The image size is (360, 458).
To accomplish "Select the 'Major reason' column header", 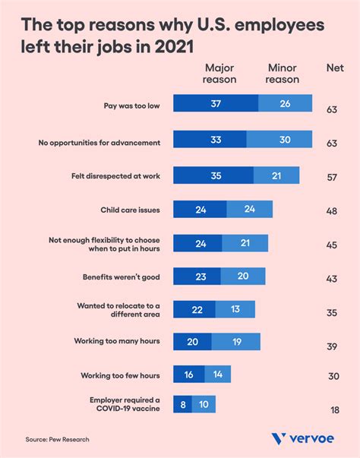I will tap(220, 74).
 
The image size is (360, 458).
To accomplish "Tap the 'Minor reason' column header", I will tap(283, 74).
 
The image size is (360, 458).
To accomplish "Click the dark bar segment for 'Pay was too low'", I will tap(216, 104).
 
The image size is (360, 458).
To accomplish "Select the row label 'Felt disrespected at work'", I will tap(115, 175).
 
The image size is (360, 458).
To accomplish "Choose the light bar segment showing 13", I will tap(235, 309).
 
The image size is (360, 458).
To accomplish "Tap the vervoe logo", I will tap(303, 439).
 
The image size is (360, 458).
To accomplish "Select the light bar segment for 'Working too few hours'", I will tap(217, 374).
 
